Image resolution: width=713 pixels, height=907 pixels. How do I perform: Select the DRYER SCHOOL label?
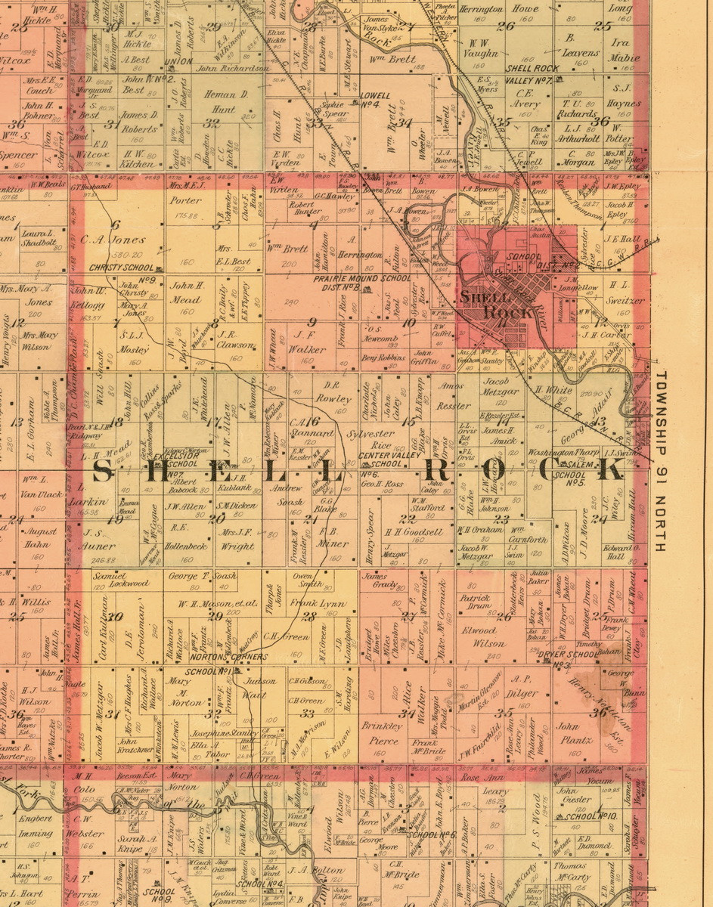(561, 655)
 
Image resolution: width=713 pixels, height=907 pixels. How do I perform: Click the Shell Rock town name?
(496, 304)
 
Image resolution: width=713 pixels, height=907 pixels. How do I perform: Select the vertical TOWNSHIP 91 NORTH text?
(660, 460)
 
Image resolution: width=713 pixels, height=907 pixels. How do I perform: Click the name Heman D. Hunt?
(224, 101)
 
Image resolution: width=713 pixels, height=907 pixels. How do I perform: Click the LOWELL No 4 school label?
(375, 100)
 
